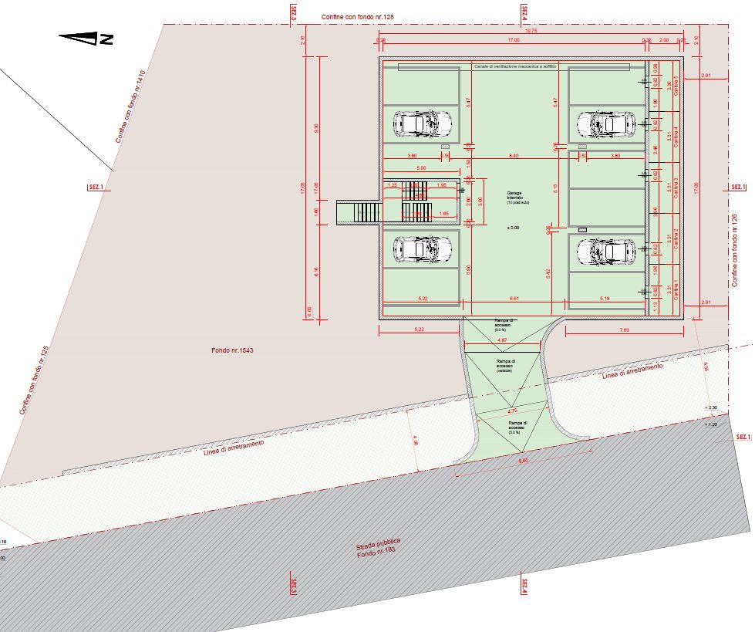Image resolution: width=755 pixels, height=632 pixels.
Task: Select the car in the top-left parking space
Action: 422,122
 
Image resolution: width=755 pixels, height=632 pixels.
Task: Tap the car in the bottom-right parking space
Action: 606,250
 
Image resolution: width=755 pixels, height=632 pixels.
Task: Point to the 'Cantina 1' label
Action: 676,290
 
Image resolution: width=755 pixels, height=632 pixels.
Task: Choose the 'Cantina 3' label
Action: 676,189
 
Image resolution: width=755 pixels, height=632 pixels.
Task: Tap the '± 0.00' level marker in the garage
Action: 513,228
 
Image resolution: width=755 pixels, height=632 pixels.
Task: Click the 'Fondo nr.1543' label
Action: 233,350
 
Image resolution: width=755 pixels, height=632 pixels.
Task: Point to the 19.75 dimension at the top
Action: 530,31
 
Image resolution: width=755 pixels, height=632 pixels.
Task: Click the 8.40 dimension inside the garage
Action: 514,156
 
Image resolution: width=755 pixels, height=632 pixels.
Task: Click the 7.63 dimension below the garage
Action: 624,330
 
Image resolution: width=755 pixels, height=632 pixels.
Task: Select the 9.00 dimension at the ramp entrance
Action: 522,461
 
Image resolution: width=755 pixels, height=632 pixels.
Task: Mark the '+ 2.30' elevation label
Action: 711,407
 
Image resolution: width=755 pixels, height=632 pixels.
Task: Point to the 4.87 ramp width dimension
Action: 502,340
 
